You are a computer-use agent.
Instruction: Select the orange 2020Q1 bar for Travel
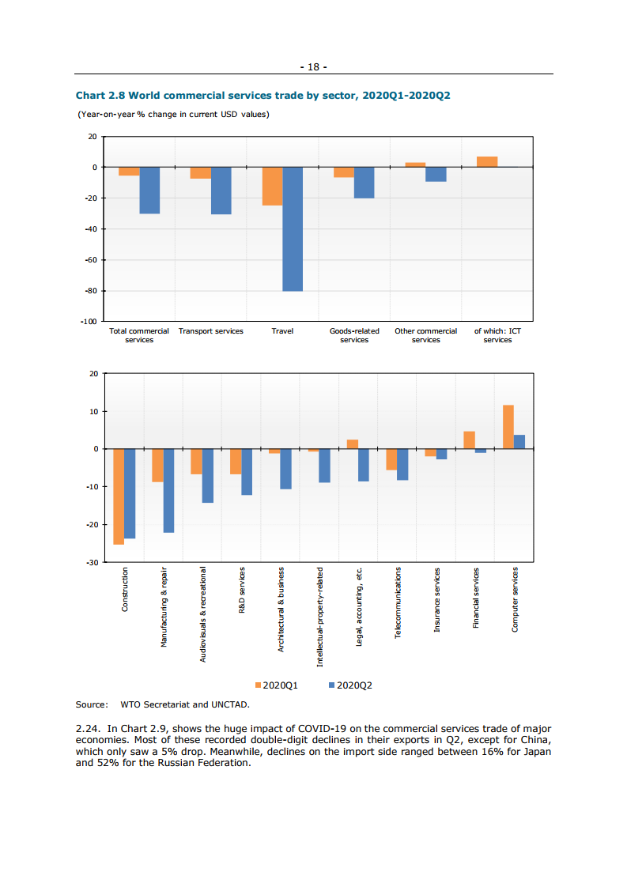pos(272,186)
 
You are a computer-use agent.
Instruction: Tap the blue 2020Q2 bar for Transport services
pos(221,191)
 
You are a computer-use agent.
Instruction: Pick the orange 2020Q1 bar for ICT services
pos(487,162)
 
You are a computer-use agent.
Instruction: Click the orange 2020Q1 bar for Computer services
pos(508,427)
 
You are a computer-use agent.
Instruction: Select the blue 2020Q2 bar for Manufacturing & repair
pos(168,490)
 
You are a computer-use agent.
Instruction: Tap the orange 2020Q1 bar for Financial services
pos(469,440)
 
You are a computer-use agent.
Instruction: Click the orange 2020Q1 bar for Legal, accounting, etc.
pos(353,444)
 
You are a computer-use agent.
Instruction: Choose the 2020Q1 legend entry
pos(276,685)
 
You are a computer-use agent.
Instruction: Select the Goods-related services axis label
pos(354,335)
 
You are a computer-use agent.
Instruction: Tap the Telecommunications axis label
pos(398,602)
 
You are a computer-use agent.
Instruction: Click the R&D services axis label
pos(242,590)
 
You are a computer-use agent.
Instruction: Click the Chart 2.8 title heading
pos(263,96)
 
